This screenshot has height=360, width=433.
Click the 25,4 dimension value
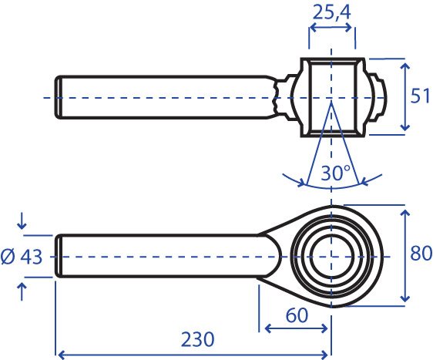coord(331,12)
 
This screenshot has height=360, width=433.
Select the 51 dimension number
coord(420,96)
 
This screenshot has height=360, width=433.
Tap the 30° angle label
coord(335,173)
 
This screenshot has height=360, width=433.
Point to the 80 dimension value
coord(421,253)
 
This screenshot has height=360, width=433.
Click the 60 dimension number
coord(297,315)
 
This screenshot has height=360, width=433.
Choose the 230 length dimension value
coord(198,339)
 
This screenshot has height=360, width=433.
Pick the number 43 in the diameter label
coord(32,257)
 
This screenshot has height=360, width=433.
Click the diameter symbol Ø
coord(8,257)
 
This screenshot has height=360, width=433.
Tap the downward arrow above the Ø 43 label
coord(22,222)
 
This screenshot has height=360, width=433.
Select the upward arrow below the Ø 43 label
coord(22,292)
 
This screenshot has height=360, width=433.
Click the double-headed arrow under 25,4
coord(331,27)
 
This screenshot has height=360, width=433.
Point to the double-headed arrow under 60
coord(296,328)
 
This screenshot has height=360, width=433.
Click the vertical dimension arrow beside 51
coord(404,96)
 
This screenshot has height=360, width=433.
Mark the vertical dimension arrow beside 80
coord(404,256)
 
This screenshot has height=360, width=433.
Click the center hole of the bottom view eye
coord(331,257)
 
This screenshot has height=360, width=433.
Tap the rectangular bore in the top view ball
coord(331,96)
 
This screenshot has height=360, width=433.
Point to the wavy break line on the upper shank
coord(275,96)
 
